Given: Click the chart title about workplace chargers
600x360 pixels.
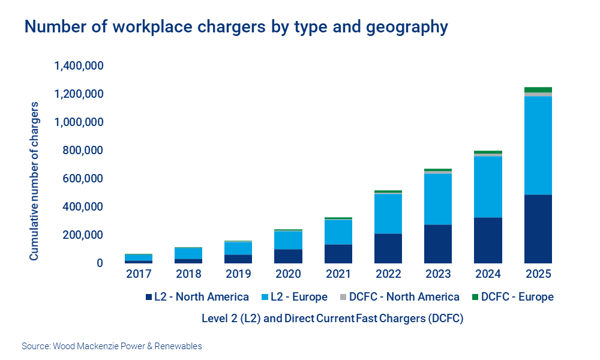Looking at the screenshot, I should tap(236, 27).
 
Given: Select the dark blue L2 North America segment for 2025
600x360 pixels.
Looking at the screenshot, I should tap(538, 229).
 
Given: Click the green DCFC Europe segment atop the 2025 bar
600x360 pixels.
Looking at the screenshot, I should tap(538, 89).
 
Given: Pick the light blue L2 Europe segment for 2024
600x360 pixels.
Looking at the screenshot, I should tap(488, 187).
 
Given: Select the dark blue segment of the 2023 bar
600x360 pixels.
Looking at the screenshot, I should tap(438, 244).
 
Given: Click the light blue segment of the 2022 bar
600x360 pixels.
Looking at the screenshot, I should tap(388, 214).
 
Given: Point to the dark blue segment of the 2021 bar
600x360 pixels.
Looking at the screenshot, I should tap(338, 254).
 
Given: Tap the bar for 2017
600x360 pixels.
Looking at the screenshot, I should tap(139, 259).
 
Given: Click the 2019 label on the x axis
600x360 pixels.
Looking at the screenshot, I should tap(238, 275).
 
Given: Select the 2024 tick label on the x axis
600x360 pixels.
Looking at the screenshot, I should tap(488, 275).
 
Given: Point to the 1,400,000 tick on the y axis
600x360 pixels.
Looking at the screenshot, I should tap(79, 66).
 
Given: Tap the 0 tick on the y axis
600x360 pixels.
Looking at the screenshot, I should tap(100, 263).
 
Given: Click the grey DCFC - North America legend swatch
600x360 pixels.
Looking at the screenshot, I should tap(343, 297).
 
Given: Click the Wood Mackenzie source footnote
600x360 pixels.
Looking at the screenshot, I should tap(112, 346).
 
